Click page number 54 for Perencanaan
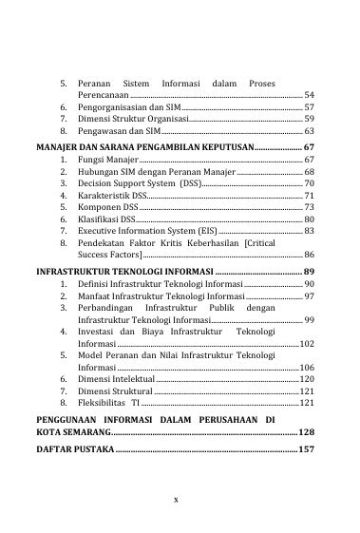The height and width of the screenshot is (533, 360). point(309,97)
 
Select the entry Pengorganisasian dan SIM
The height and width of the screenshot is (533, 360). point(123,108)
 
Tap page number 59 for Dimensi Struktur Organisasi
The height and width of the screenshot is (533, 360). point(309,121)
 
